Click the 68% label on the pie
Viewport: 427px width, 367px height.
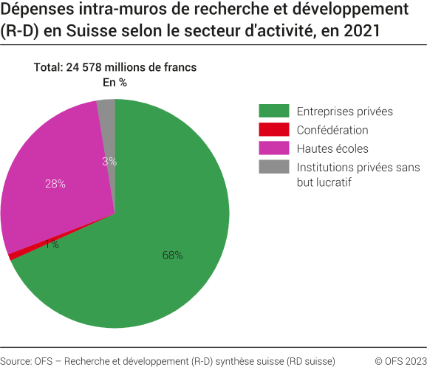[x=172, y=255]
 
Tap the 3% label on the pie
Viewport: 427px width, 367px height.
[x=109, y=161]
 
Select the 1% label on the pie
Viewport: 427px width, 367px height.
[x=52, y=244]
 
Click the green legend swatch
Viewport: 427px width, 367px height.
[x=273, y=112]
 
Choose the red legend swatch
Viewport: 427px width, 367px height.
[x=273, y=130]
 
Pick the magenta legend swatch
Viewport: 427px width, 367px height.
[x=273, y=148]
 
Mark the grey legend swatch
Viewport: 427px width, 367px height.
[x=273, y=168]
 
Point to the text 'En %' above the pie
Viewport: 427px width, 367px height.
[x=115, y=82]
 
